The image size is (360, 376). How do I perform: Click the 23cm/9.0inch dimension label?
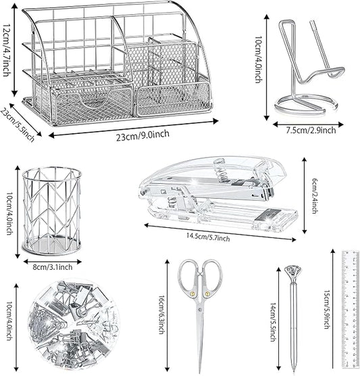coord(143,135)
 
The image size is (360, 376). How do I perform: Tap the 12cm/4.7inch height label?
coord(7,50)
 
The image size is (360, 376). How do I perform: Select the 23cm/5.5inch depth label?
coord(18,125)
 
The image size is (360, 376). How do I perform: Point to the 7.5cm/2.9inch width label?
coord(311,131)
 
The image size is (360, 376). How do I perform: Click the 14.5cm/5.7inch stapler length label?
coord(208,237)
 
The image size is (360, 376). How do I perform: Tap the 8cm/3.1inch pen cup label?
coord(53,267)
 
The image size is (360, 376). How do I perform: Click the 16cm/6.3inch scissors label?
coord(161,314)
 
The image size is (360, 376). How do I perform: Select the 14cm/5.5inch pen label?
coord(273,322)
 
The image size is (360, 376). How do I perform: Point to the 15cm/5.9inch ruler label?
coord(327,309)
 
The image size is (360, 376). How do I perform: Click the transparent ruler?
coord(351,309)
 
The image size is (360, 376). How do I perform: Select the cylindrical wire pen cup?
coord(52,211)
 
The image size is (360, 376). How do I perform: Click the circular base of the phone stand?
coord(307,105)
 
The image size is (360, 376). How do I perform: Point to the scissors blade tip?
coord(200,373)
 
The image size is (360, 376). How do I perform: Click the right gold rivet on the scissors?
coord(207,293)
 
